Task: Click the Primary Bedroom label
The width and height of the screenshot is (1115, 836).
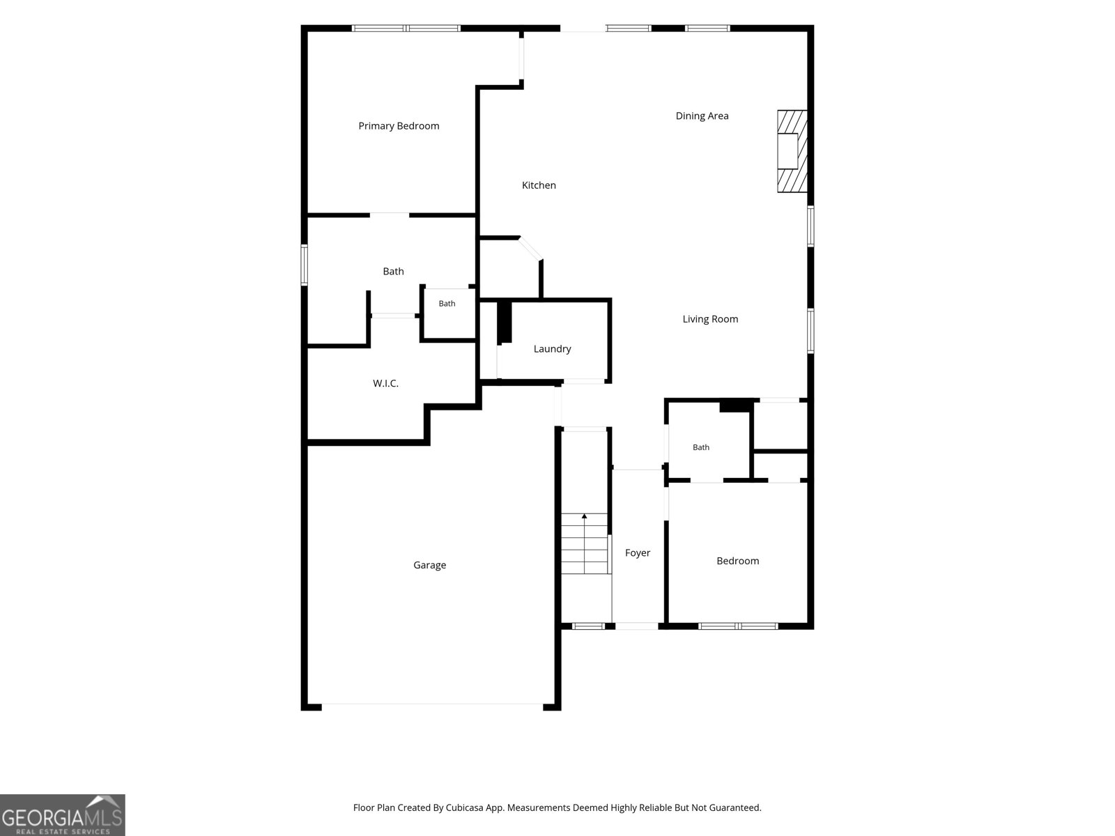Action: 399,126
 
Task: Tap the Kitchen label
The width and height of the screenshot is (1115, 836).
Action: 539,185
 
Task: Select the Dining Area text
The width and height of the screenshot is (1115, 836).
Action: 702,116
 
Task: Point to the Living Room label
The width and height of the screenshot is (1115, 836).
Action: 710,319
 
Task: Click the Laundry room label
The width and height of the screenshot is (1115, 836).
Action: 552,349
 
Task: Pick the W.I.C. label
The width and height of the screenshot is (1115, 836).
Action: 385,383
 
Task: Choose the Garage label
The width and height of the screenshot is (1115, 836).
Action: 430,565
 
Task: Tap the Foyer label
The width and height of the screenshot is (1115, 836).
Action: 638,552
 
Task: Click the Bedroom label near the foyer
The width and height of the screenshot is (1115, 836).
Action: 737,561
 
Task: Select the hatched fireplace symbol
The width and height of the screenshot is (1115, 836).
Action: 792,151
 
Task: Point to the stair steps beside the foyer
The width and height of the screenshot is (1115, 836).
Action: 584,543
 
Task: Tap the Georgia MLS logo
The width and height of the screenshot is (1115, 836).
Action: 63,815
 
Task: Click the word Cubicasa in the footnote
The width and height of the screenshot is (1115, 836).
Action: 464,807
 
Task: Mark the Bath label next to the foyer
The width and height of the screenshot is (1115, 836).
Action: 701,447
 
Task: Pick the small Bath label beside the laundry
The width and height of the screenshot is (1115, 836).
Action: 447,304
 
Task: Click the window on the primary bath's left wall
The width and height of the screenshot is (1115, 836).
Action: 305,265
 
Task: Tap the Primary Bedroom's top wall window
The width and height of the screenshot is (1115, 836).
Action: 406,29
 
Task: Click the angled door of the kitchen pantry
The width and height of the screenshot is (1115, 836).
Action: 530,249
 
